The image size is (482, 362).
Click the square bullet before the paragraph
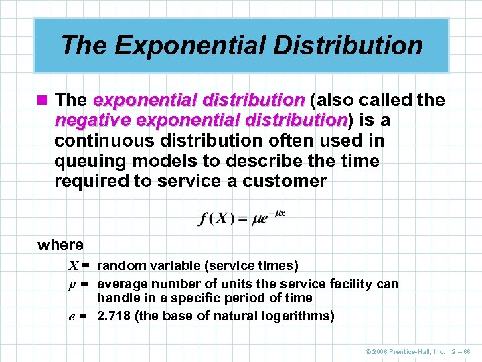tap(43, 101)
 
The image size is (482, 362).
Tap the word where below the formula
tap(61, 245)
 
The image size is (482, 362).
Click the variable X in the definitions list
tap(73, 266)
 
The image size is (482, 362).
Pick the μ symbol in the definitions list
tap(72, 284)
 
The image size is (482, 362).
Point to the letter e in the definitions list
tap(72, 316)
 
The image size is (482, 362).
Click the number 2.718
tap(114, 316)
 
